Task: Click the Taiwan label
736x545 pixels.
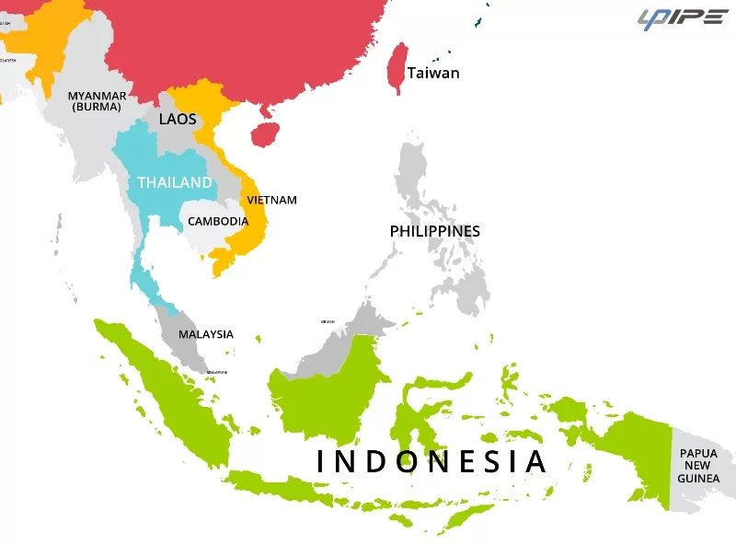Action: (433, 73)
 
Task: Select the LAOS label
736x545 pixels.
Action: (178, 119)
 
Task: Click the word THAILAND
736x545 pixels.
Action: (175, 182)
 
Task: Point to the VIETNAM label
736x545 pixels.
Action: (271, 200)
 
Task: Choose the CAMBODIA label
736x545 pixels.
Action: (218, 221)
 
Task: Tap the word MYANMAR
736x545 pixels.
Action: (97, 96)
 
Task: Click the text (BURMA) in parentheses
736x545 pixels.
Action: (97, 107)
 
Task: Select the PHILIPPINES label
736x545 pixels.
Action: (435, 230)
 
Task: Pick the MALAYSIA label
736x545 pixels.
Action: (206, 334)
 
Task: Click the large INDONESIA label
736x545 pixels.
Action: (431, 461)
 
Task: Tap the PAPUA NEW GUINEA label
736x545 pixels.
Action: (698, 466)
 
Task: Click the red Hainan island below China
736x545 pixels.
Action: (265, 135)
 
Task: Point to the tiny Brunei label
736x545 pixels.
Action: (328, 321)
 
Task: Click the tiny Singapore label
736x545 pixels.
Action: (217, 372)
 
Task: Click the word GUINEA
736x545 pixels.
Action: (698, 479)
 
